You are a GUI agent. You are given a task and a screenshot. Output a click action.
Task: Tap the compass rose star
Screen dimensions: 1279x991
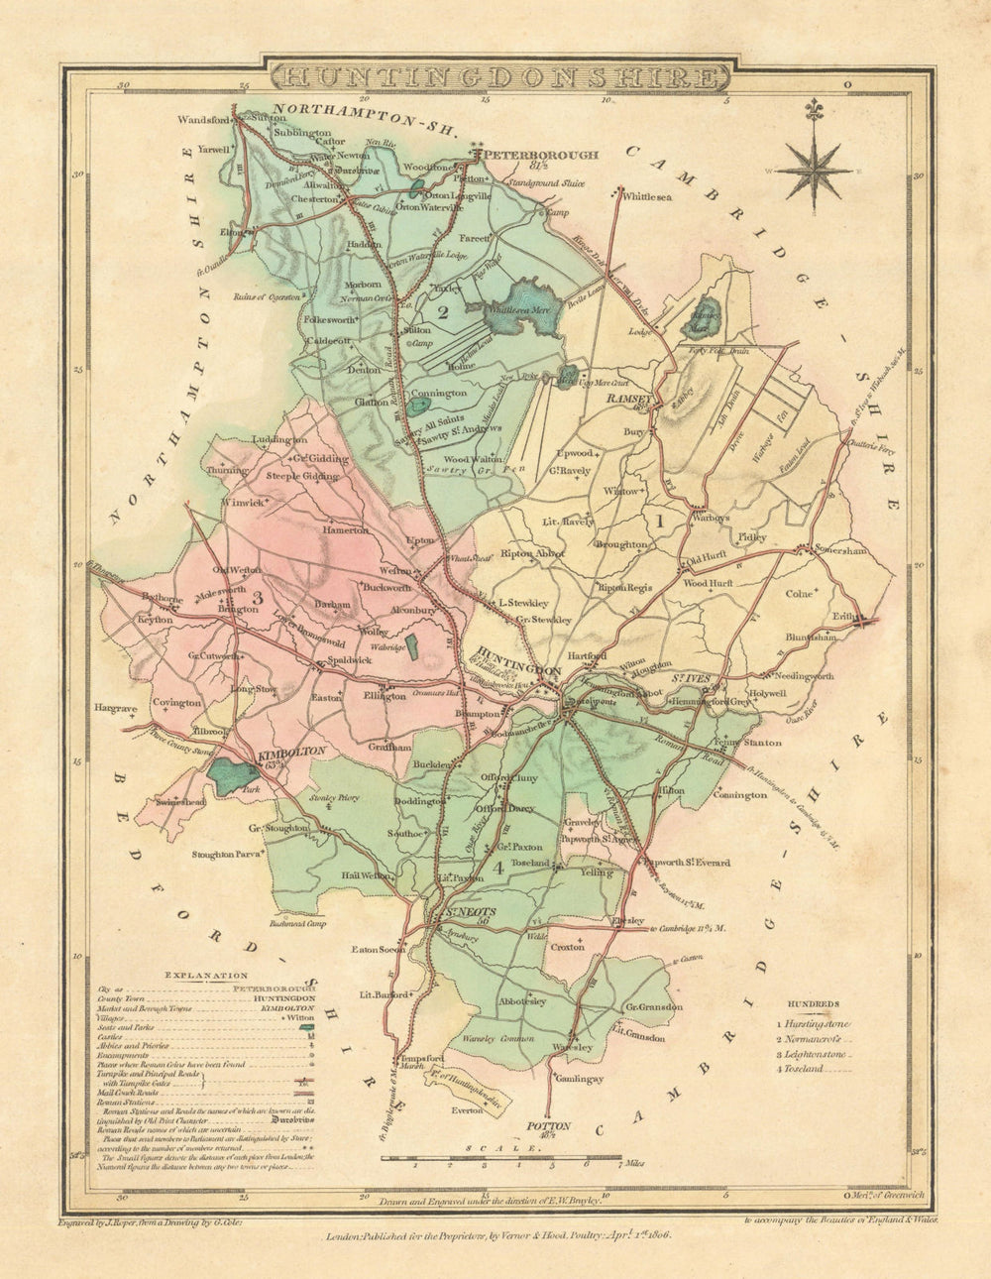point(814,170)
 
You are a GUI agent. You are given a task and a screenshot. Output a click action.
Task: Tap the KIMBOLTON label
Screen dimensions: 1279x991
point(291,752)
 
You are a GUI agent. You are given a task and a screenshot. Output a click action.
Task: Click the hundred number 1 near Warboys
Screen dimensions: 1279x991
point(653,518)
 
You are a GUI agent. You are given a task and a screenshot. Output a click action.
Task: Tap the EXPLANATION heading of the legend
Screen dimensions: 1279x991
point(206,976)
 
